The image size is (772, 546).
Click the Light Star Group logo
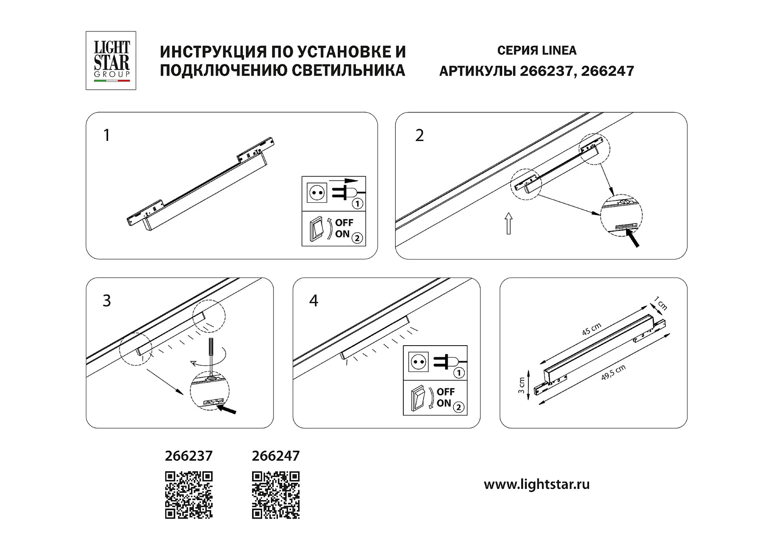click(111, 60)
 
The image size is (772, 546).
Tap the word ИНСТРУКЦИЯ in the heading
click(214, 52)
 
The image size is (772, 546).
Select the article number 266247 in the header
click(608, 71)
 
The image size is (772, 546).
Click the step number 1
click(107, 135)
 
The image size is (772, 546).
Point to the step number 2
click(419, 135)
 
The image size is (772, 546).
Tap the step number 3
click(107, 301)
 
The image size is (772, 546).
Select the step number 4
click(314, 301)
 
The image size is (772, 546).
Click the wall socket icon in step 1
click(316, 193)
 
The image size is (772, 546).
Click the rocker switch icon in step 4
click(418, 398)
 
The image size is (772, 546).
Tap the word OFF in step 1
click(344, 223)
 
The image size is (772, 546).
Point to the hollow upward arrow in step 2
click(509, 223)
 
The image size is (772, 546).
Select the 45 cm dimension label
click(591, 329)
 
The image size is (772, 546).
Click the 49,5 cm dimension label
click(613, 373)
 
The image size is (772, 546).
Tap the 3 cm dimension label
click(522, 385)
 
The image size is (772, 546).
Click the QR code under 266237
click(189, 495)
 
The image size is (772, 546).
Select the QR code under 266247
click(276, 495)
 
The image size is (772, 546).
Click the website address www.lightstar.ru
click(537, 484)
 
